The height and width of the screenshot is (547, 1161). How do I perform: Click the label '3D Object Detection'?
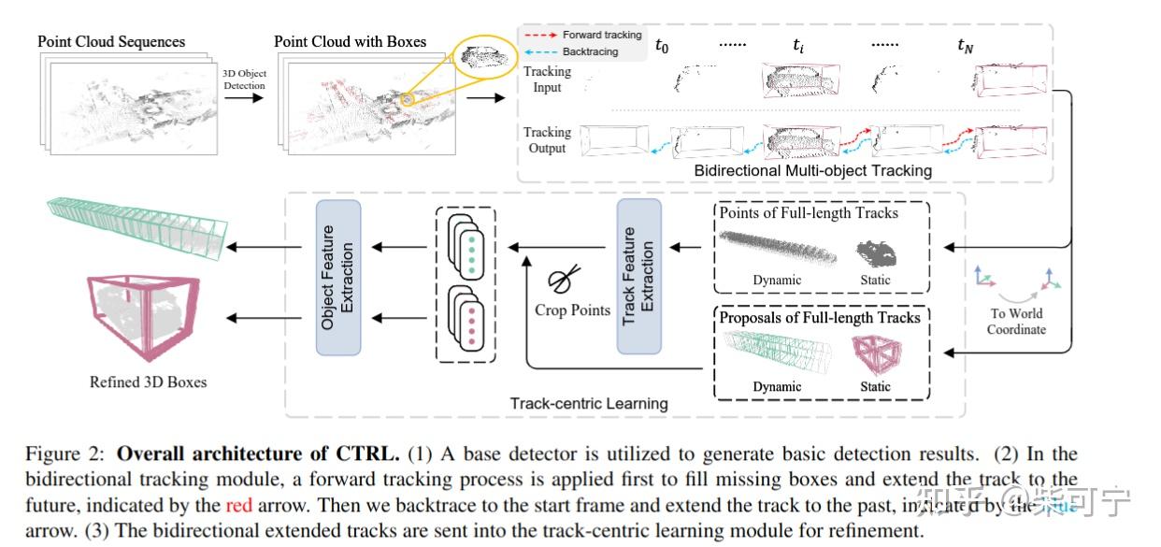244,79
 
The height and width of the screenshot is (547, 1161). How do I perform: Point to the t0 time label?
662,44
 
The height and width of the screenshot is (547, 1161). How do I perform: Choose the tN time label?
966,44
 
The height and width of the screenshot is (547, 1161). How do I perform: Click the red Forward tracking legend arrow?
540,36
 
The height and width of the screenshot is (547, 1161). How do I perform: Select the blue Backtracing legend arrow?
540,52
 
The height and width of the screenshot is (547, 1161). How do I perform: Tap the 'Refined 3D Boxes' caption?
148,381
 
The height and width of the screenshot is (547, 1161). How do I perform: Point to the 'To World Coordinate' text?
1016,322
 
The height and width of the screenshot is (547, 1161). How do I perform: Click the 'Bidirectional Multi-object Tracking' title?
812,170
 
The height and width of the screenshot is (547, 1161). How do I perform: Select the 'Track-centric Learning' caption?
588,404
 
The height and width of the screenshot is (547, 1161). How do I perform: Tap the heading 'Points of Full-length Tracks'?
809,213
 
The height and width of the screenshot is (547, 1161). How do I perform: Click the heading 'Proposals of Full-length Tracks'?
820,318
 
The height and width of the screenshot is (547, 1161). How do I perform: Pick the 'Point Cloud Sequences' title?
111,42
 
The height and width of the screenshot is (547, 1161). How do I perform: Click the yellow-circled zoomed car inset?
483,59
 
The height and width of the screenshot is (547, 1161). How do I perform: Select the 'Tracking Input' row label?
547,79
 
